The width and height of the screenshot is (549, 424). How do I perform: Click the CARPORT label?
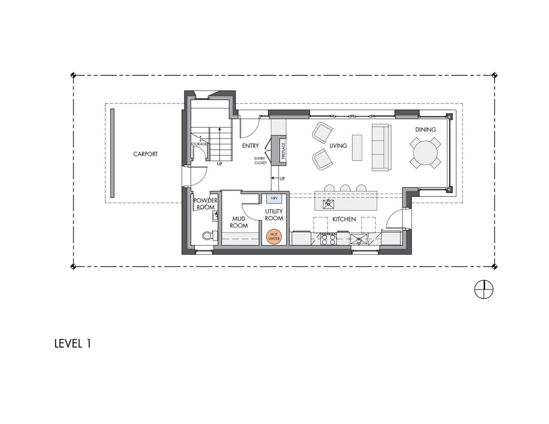[145, 154]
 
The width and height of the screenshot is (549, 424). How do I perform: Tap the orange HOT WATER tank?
[274, 237]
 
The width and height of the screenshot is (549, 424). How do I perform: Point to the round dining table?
[425, 153]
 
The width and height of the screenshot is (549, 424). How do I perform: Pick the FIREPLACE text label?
[283, 151]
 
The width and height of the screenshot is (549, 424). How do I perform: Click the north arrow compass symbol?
[484, 290]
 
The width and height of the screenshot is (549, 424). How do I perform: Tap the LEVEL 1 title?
[73, 343]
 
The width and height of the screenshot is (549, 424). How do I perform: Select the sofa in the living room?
[380, 148]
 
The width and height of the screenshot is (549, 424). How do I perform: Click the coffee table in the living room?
[357, 148]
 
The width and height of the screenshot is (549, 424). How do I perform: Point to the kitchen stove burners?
[329, 239]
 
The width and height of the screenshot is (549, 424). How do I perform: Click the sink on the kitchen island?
[329, 203]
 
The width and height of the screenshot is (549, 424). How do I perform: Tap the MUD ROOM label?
[239, 222]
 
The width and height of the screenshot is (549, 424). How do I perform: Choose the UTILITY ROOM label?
[274, 215]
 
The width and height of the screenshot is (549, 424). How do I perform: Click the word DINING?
[426, 129]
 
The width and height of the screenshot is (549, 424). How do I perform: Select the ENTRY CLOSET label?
[260, 161]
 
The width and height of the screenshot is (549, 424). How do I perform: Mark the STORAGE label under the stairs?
[199, 144]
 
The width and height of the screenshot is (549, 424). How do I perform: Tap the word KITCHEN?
[344, 219]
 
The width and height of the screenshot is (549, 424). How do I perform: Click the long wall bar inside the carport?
[112, 153]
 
